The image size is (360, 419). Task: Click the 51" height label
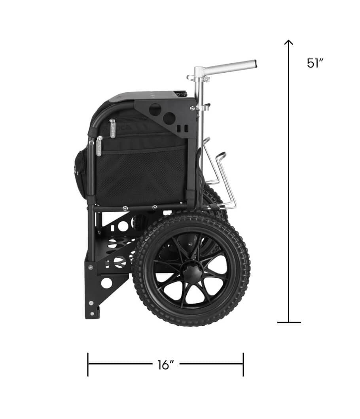[x=315, y=63]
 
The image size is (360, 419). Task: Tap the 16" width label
[x=166, y=365]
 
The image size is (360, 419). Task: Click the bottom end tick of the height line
[x=289, y=323]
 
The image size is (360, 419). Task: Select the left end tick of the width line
[x=88, y=364]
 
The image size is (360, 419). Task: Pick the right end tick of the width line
[x=243, y=364]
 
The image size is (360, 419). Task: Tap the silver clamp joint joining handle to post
[x=199, y=73]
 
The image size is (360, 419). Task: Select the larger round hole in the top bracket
[x=155, y=109]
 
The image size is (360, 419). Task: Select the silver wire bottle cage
[x=222, y=178]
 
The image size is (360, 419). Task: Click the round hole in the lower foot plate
[x=106, y=283]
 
